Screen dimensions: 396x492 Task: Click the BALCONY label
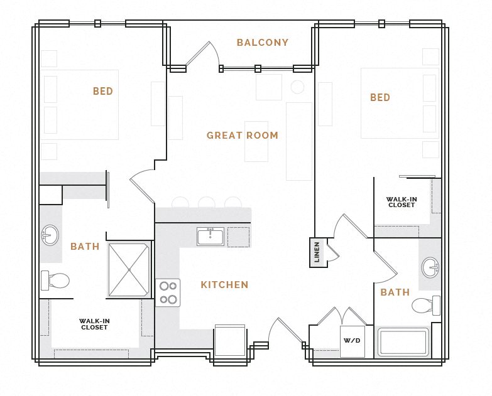262,43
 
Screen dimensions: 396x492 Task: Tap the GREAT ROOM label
242,135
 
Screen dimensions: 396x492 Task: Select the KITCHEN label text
224,285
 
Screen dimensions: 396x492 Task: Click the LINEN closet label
317,252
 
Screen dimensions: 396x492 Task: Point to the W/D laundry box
352,341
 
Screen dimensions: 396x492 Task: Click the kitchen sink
210,237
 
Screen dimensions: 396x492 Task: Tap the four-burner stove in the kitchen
168,292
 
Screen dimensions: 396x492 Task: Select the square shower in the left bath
129,269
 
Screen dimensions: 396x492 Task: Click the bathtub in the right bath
403,343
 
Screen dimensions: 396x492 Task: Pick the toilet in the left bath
55,280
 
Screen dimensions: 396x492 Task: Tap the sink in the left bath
50,236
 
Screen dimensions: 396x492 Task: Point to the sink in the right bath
431,267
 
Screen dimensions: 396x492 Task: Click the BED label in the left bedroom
103,92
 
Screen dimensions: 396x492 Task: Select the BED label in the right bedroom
380,98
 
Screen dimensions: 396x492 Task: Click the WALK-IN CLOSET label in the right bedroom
402,202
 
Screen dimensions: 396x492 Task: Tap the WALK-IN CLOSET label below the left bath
94,324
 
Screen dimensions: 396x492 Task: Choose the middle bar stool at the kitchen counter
206,202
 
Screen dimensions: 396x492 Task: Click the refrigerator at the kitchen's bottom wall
229,341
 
